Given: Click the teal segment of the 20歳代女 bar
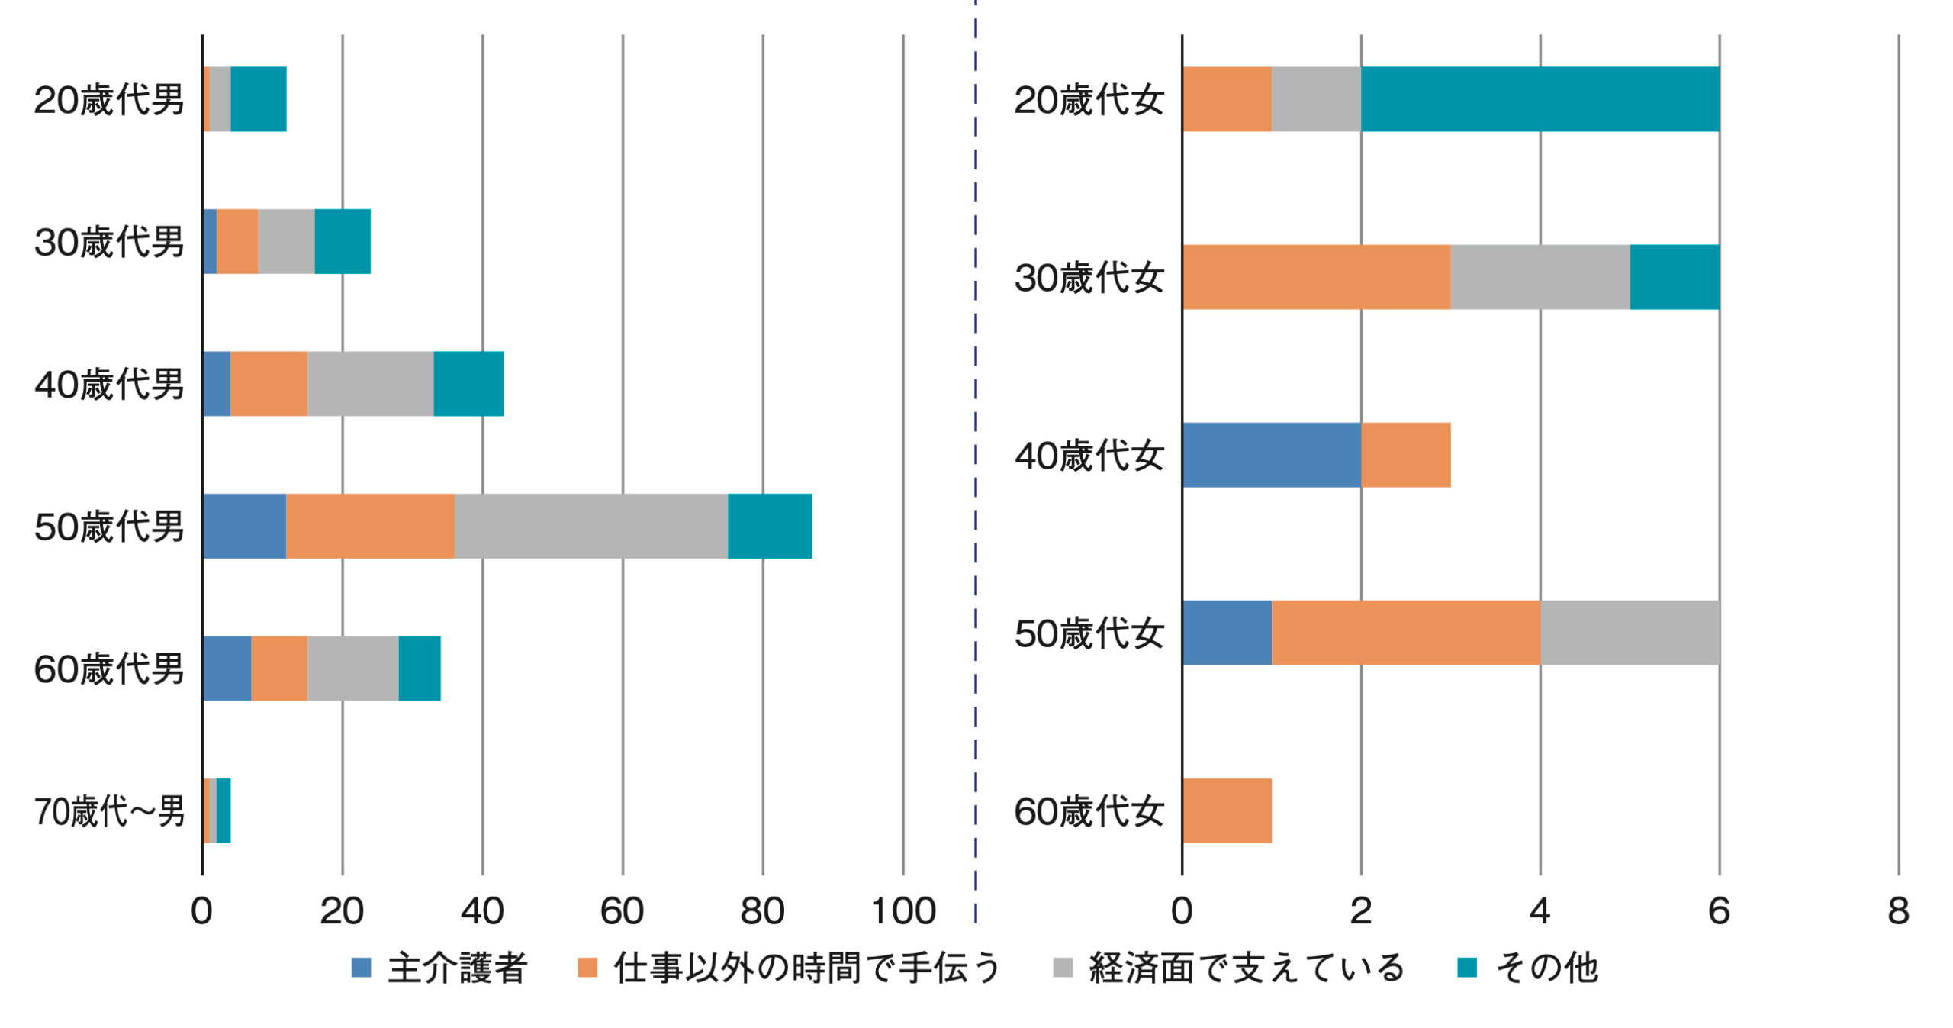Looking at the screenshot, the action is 1540,99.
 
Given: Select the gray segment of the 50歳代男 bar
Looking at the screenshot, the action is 591,526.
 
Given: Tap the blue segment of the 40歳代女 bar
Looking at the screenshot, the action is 1272,455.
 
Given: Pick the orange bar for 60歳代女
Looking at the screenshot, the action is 1227,810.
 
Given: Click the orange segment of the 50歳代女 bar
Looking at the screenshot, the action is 1406,633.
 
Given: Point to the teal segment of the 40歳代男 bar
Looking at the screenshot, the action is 468,384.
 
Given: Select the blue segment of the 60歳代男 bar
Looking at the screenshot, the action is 227,669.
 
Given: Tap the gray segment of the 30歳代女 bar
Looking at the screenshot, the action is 1540,277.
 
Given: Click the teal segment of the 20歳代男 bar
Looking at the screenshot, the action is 259,99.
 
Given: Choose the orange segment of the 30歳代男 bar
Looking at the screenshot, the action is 237,241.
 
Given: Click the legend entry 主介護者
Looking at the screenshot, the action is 439,968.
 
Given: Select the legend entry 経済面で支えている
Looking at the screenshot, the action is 1228,968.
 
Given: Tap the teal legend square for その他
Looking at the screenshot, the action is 1467,968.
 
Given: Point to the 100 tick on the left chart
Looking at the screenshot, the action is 903,911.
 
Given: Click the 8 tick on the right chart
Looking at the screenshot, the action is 1899,911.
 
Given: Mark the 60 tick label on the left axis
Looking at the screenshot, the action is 623,911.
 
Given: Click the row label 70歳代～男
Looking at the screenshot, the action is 109,811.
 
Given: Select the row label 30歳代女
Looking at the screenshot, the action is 1089,277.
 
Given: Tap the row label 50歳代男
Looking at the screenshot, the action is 109,527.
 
